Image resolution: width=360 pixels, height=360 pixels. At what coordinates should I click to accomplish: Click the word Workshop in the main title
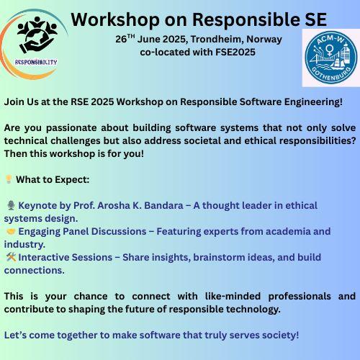tap(115, 19)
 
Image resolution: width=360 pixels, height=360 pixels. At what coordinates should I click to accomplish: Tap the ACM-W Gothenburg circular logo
tap(331, 58)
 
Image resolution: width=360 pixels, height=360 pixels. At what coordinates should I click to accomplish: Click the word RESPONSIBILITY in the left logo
tap(36, 63)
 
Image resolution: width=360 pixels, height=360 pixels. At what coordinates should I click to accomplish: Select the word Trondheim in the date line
tap(217, 39)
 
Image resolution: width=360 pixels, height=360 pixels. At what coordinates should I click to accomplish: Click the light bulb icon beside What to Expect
tap(9, 179)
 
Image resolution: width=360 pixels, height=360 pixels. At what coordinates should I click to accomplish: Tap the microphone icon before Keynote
tap(11, 205)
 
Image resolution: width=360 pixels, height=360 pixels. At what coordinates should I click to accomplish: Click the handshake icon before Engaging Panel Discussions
tap(11, 231)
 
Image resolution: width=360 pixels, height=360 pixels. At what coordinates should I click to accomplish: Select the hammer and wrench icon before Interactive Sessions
tap(11, 257)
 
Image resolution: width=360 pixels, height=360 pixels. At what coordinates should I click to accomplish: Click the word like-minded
tap(233, 296)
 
